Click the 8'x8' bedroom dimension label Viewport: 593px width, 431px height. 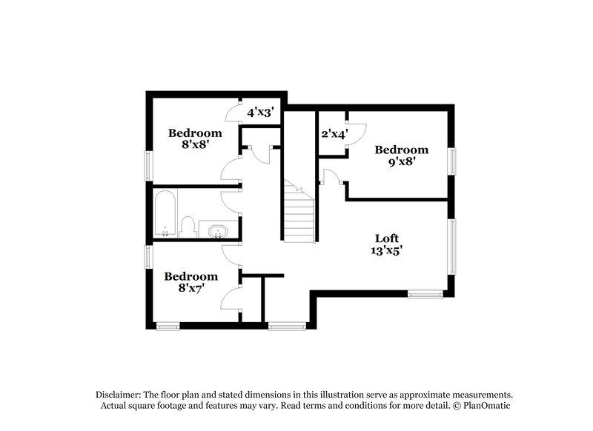(195, 146)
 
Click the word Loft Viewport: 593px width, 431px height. (387, 238)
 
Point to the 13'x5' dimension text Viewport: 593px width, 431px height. (387, 251)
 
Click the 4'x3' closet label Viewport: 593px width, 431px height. (261, 113)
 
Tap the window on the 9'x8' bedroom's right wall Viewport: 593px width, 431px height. (451, 161)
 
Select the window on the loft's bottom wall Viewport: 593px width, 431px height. (425, 295)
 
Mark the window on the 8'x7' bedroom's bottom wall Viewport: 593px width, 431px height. (168, 326)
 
